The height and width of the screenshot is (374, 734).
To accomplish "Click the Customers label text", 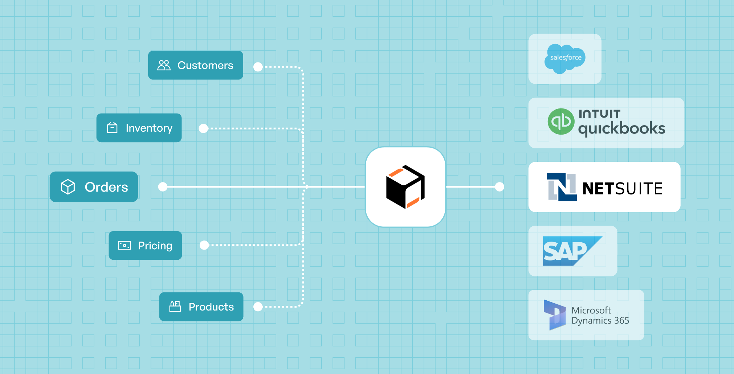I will tap(205, 65).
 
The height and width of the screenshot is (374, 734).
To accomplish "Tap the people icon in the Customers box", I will tap(164, 65).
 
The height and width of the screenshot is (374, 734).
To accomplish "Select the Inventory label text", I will tap(149, 128).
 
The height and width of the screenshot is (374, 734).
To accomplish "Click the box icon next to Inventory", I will tap(112, 128).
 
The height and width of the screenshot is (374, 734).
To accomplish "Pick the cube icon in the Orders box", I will tap(68, 187).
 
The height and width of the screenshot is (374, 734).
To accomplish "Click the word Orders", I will tap(106, 187).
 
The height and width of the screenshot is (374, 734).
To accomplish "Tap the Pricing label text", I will tap(155, 246).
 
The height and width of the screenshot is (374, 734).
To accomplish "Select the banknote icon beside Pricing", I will tap(125, 246).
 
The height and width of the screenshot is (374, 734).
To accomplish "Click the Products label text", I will tap(211, 307).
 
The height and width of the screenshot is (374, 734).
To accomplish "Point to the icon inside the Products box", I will tap(175, 307).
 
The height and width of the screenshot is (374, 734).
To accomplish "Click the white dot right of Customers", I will tap(258, 67).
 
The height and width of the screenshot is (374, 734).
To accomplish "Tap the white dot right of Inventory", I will tap(203, 128).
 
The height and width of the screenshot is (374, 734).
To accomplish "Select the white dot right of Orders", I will tap(163, 187).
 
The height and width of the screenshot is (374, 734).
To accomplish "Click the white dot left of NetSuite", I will tap(500, 187).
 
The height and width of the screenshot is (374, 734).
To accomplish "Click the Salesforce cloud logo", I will tap(565, 58).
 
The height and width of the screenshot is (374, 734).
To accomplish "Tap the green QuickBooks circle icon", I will tap(561, 122).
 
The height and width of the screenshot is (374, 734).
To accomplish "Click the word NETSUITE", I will tap(622, 189).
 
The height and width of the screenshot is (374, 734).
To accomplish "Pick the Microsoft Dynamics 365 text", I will tap(600, 315).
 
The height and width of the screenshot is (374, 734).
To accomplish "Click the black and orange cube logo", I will tap(405, 187).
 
